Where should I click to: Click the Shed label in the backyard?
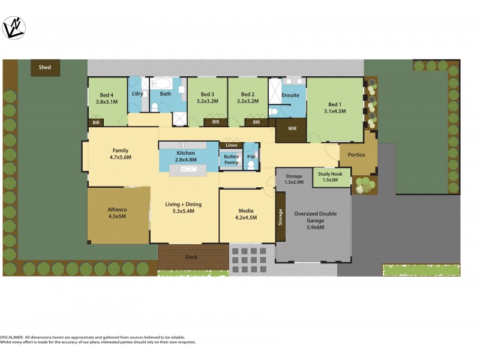coord(46,68)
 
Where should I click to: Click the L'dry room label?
coord(137,94)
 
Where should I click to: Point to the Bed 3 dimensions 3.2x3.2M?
coord(207,101)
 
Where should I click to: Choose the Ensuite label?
coord(290,95)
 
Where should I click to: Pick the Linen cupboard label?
coord(231,145)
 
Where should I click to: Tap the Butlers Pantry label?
coord(231,160)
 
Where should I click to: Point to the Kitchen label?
coord(185,154)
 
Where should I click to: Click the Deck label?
coord(191,257)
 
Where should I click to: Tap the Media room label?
coord(246,211)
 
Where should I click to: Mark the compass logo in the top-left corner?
coord(14,27)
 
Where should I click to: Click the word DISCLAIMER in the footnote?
coord(11,337)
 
